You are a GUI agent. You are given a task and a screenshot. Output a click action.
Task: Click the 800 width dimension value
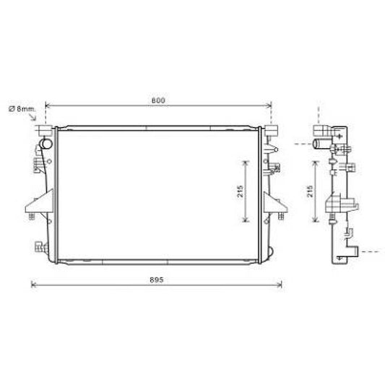[x=157, y=100]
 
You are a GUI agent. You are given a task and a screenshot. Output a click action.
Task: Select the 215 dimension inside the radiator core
[x=240, y=191]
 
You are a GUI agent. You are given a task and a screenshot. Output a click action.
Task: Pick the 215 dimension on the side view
[x=309, y=191]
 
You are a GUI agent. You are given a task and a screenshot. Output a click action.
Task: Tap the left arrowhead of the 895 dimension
[x=34, y=284]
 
